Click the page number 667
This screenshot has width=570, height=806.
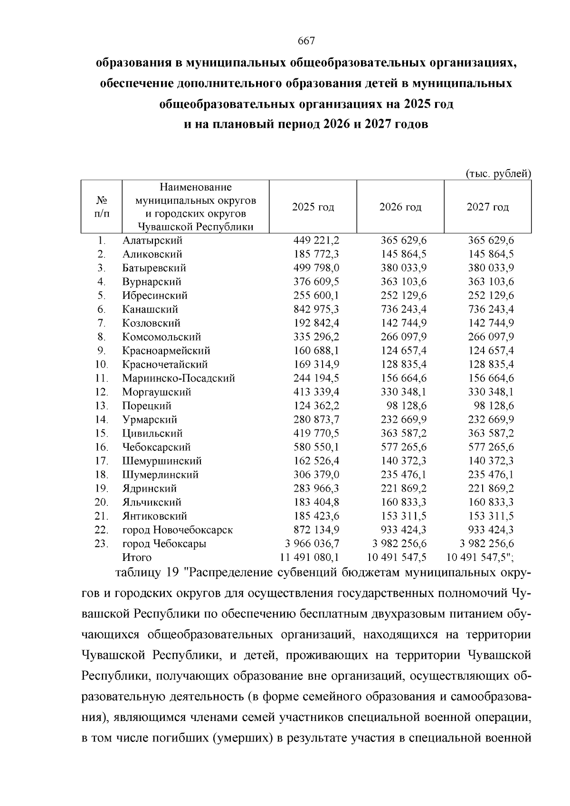[x=306, y=41]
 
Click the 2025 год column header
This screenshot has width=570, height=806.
[x=313, y=207]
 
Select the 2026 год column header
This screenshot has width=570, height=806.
[x=400, y=207]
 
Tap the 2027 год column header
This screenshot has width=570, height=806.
[x=487, y=207]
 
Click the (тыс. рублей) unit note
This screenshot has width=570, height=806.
[x=498, y=174]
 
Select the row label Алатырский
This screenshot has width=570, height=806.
[x=152, y=240]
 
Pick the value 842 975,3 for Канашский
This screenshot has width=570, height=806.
[x=316, y=309]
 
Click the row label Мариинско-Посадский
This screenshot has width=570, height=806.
[x=178, y=378]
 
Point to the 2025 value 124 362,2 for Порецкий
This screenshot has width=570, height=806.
[x=316, y=406]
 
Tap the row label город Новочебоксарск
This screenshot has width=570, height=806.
[x=177, y=530]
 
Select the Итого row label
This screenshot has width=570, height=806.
[x=137, y=557]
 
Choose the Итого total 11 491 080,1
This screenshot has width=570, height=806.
[x=310, y=557]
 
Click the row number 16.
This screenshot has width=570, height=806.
[x=102, y=447]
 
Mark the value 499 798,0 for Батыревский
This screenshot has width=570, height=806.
[x=316, y=268]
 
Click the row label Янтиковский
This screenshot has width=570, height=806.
[x=154, y=516]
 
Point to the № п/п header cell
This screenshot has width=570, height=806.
[x=102, y=207]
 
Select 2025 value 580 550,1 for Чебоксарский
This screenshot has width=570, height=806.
[x=316, y=447]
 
